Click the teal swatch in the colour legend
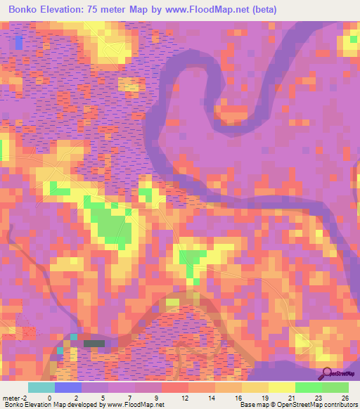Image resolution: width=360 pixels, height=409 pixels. point(41,387)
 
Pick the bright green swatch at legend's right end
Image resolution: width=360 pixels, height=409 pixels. point(335,387)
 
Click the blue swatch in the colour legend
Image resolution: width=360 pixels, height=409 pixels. point(68,387)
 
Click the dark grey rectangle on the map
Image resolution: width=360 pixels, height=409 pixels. point(94,344)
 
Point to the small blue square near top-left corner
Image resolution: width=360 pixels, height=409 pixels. point(18,42)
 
